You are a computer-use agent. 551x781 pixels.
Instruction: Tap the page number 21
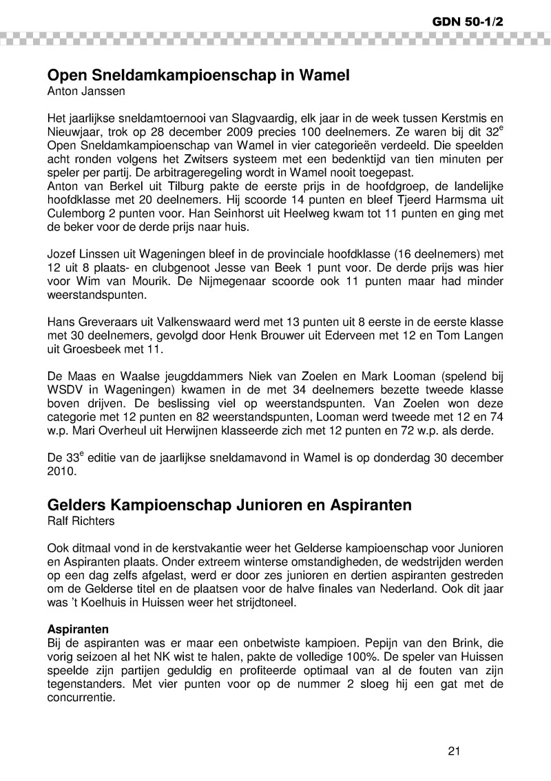pyautogui.click(x=453, y=751)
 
